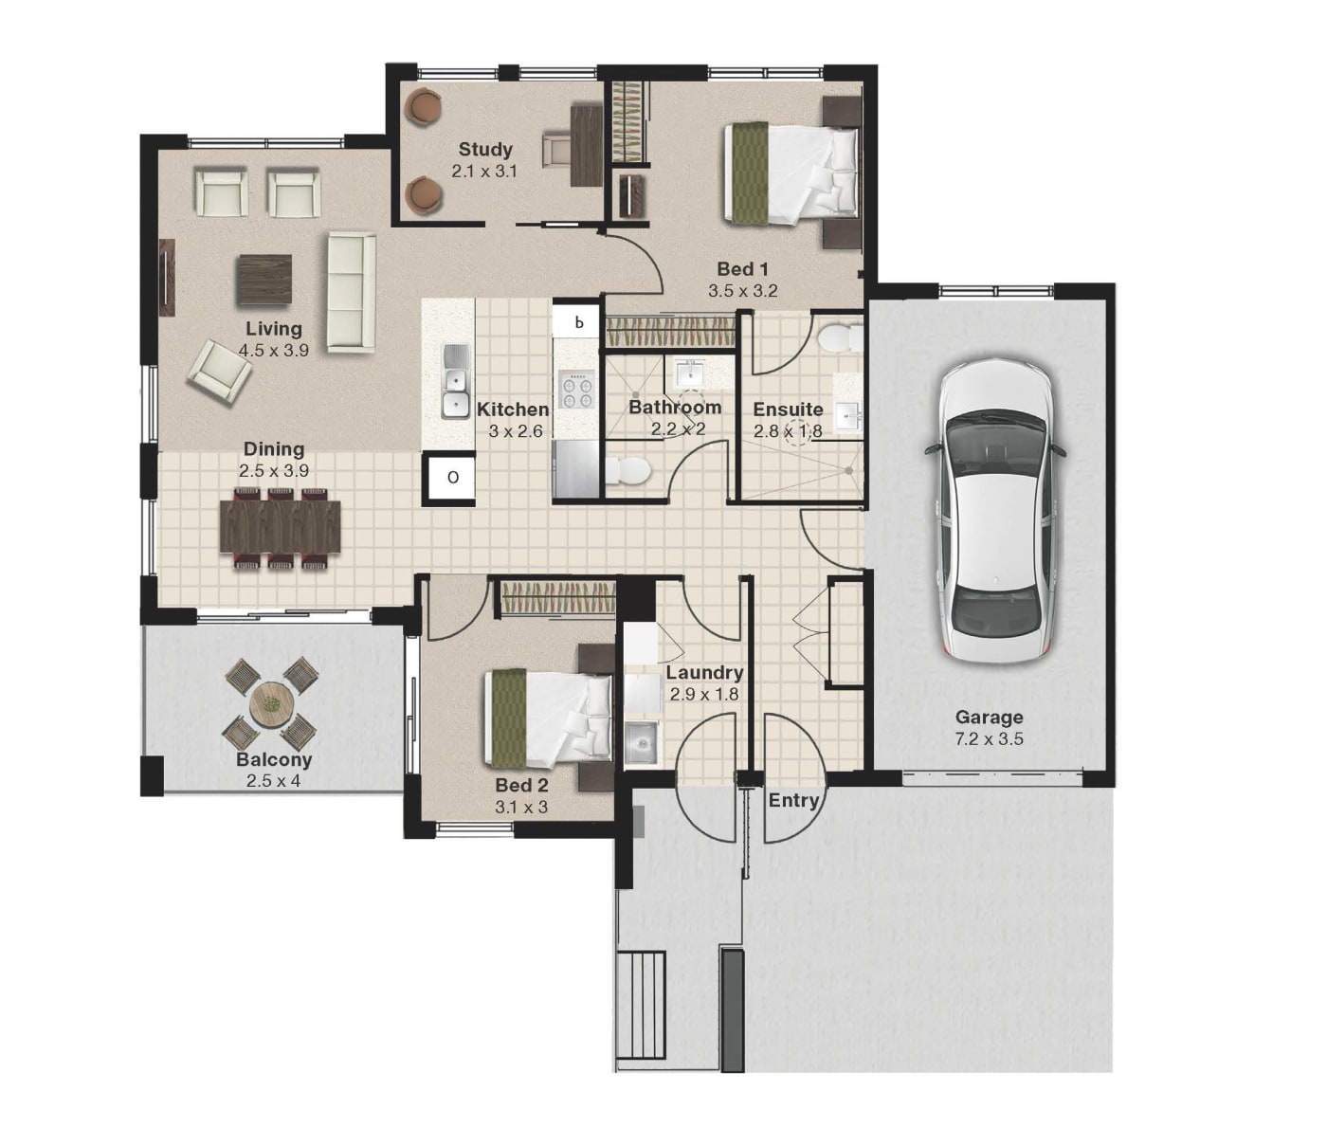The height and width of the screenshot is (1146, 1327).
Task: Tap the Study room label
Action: pyautogui.click(x=485, y=150)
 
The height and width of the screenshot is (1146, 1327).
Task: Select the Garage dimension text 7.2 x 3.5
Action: pyautogui.click(x=989, y=739)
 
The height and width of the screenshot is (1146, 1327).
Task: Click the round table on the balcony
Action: pyautogui.click(x=271, y=704)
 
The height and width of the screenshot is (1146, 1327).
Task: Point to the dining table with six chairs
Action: pyautogui.click(x=280, y=526)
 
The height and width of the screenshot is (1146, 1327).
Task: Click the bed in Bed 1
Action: pyautogui.click(x=791, y=173)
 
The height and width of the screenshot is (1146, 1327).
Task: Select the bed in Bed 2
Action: pyautogui.click(x=549, y=717)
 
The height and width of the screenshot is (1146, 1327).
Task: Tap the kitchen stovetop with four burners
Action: pyautogui.click(x=577, y=391)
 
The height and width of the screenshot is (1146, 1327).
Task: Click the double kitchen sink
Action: pyautogui.click(x=455, y=381)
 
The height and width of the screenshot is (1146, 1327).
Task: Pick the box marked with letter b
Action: pyautogui.click(x=578, y=322)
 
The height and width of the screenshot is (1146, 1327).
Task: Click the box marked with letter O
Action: pyautogui.click(x=452, y=477)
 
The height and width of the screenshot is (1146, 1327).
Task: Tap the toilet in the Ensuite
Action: pyautogui.click(x=840, y=337)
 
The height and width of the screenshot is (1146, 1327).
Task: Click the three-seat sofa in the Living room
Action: pyautogui.click(x=352, y=292)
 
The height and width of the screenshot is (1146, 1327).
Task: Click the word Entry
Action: pyautogui.click(x=793, y=801)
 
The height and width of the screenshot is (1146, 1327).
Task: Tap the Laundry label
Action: pyautogui.click(x=704, y=673)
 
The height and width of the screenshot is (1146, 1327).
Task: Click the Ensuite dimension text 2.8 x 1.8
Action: pyautogui.click(x=788, y=431)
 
